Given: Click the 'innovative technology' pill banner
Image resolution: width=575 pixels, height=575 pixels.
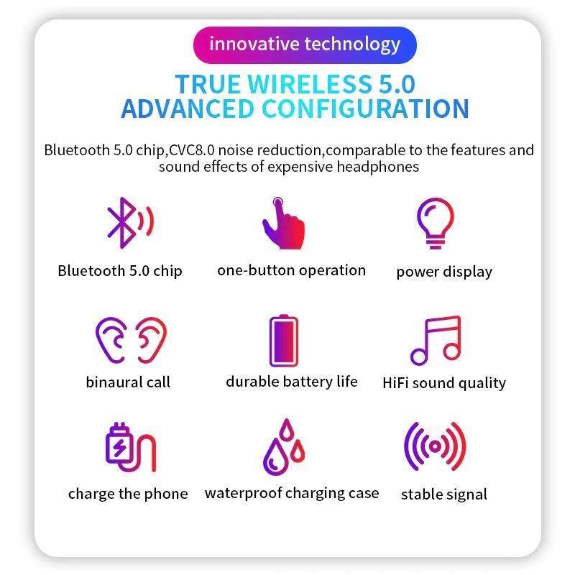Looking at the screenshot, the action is coord(305,45).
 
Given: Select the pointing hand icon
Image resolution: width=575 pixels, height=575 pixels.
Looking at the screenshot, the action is coord(283,224).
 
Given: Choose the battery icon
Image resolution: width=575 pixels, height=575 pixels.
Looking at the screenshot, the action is coord(284,341).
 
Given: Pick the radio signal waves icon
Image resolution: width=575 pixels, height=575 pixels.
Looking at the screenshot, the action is coord(435,446).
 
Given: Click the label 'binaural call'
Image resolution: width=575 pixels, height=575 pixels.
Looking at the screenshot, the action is coord(128,382).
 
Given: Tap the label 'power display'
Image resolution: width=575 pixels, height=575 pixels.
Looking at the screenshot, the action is coord(444,272).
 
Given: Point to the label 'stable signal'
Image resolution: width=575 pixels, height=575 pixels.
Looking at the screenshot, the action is coord(444,494).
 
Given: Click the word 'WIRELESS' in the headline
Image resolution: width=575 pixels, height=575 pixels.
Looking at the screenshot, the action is coord(310,84).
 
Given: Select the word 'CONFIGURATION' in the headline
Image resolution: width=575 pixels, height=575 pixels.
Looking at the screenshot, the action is coord(365,109).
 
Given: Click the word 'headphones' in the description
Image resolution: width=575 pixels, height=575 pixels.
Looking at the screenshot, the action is coord(378,167).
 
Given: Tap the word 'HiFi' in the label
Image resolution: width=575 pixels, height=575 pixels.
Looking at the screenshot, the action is coord(396,383).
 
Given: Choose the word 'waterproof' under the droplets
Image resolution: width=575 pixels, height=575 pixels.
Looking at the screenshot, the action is coord(243,494).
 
